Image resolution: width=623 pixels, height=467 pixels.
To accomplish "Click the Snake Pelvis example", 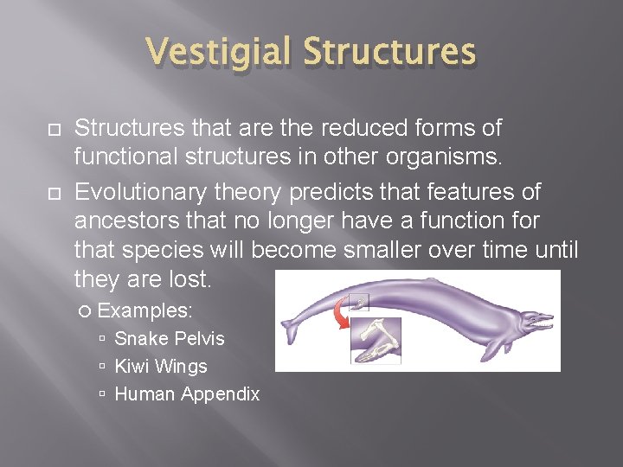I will pyautogui.click(x=169, y=338).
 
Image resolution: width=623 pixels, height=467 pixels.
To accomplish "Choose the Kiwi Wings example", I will pyautogui.click(x=161, y=366).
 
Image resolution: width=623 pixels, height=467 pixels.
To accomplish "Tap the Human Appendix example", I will pyautogui.click(x=187, y=393).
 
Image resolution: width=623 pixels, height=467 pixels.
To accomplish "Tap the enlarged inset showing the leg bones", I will pyautogui.click(x=376, y=340).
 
